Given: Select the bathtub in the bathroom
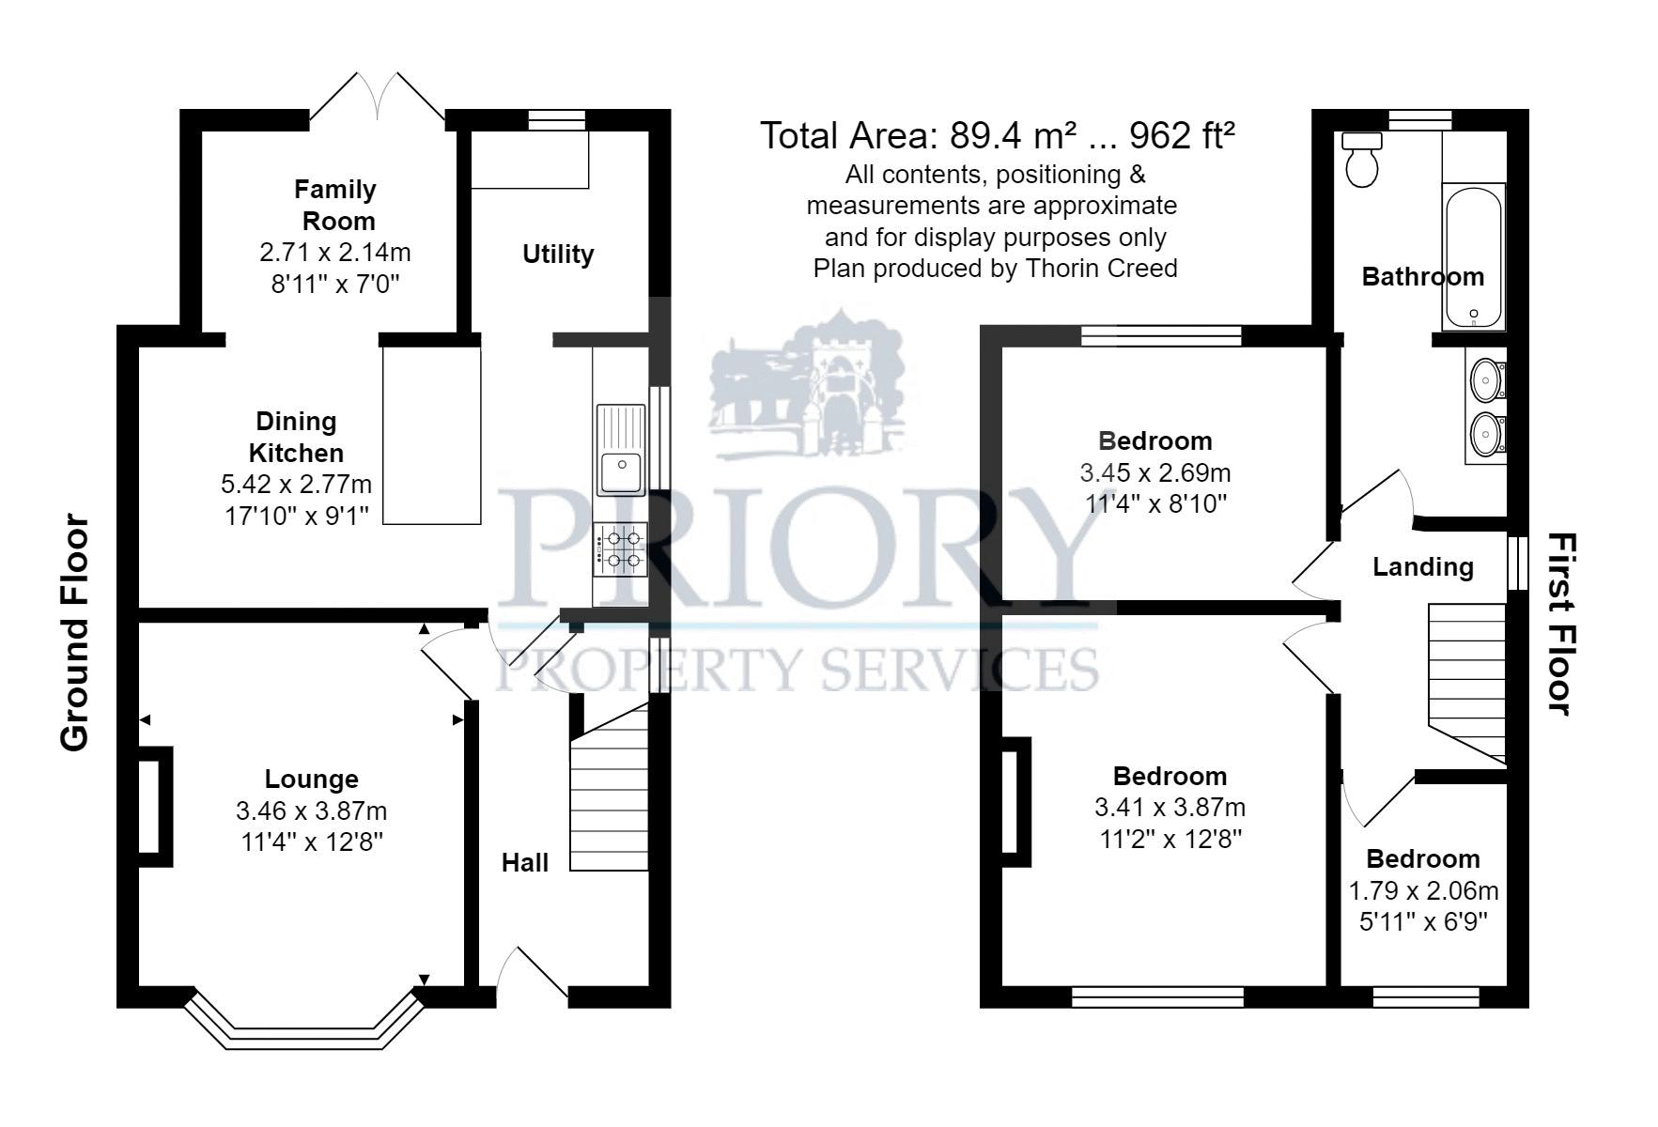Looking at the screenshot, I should point(1473,255).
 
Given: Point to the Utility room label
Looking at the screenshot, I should point(558,255).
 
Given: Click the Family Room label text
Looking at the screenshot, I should point(336,205).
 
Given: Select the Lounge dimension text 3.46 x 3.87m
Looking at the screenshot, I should point(311,811).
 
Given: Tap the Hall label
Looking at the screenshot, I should point(524,863).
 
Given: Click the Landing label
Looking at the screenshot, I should point(1422,567).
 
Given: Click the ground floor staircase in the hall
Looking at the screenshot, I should point(610,794).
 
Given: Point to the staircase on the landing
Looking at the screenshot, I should point(1466,681).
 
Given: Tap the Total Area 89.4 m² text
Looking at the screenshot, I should point(996,136).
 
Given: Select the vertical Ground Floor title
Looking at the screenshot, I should point(74,634).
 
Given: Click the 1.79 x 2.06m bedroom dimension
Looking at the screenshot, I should point(1422,890).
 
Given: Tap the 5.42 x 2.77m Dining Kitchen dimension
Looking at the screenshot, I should point(296,485).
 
